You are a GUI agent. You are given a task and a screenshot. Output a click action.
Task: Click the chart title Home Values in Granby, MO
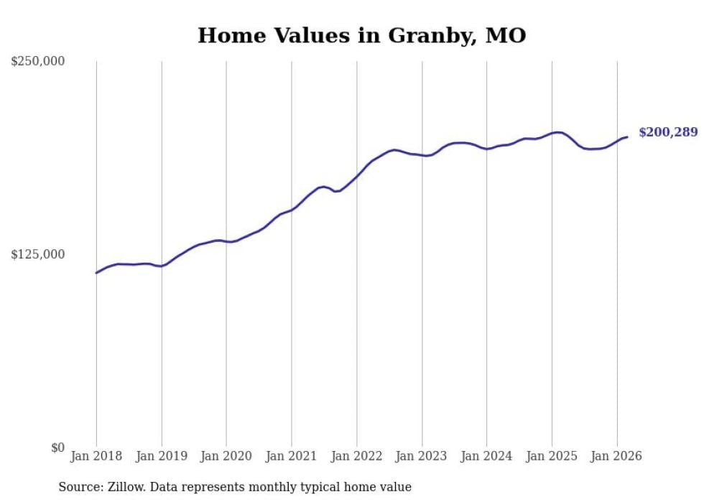tap(361, 34)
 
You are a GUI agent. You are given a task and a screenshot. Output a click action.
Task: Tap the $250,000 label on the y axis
tap(38, 62)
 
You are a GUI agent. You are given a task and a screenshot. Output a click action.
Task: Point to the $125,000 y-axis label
tap(38, 254)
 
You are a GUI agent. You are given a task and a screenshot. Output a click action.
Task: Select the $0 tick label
tap(57, 447)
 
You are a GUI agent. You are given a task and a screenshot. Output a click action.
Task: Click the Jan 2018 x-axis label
tap(96, 456)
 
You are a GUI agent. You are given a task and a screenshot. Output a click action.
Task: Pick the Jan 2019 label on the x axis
tap(162, 456)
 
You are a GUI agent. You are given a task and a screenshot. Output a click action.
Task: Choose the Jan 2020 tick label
tap(226, 456)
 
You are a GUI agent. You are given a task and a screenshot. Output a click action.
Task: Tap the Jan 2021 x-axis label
tap(292, 456)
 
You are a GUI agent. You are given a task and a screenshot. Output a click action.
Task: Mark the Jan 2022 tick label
tap(357, 456)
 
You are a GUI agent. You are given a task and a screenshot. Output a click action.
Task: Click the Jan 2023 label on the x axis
tap(422, 456)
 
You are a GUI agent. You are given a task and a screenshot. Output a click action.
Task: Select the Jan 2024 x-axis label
tap(487, 456)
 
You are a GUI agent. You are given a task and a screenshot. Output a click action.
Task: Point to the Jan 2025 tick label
tap(552, 456)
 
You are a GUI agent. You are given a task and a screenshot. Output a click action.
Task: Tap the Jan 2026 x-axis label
tap(617, 456)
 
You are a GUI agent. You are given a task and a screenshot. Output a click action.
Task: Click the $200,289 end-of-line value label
tap(668, 132)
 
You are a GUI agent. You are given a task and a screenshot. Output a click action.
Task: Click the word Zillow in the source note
tap(125, 487)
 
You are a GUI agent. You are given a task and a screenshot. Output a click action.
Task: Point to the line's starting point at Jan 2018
tap(96, 273)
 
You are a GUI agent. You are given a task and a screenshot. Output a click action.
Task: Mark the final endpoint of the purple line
tap(627, 136)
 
